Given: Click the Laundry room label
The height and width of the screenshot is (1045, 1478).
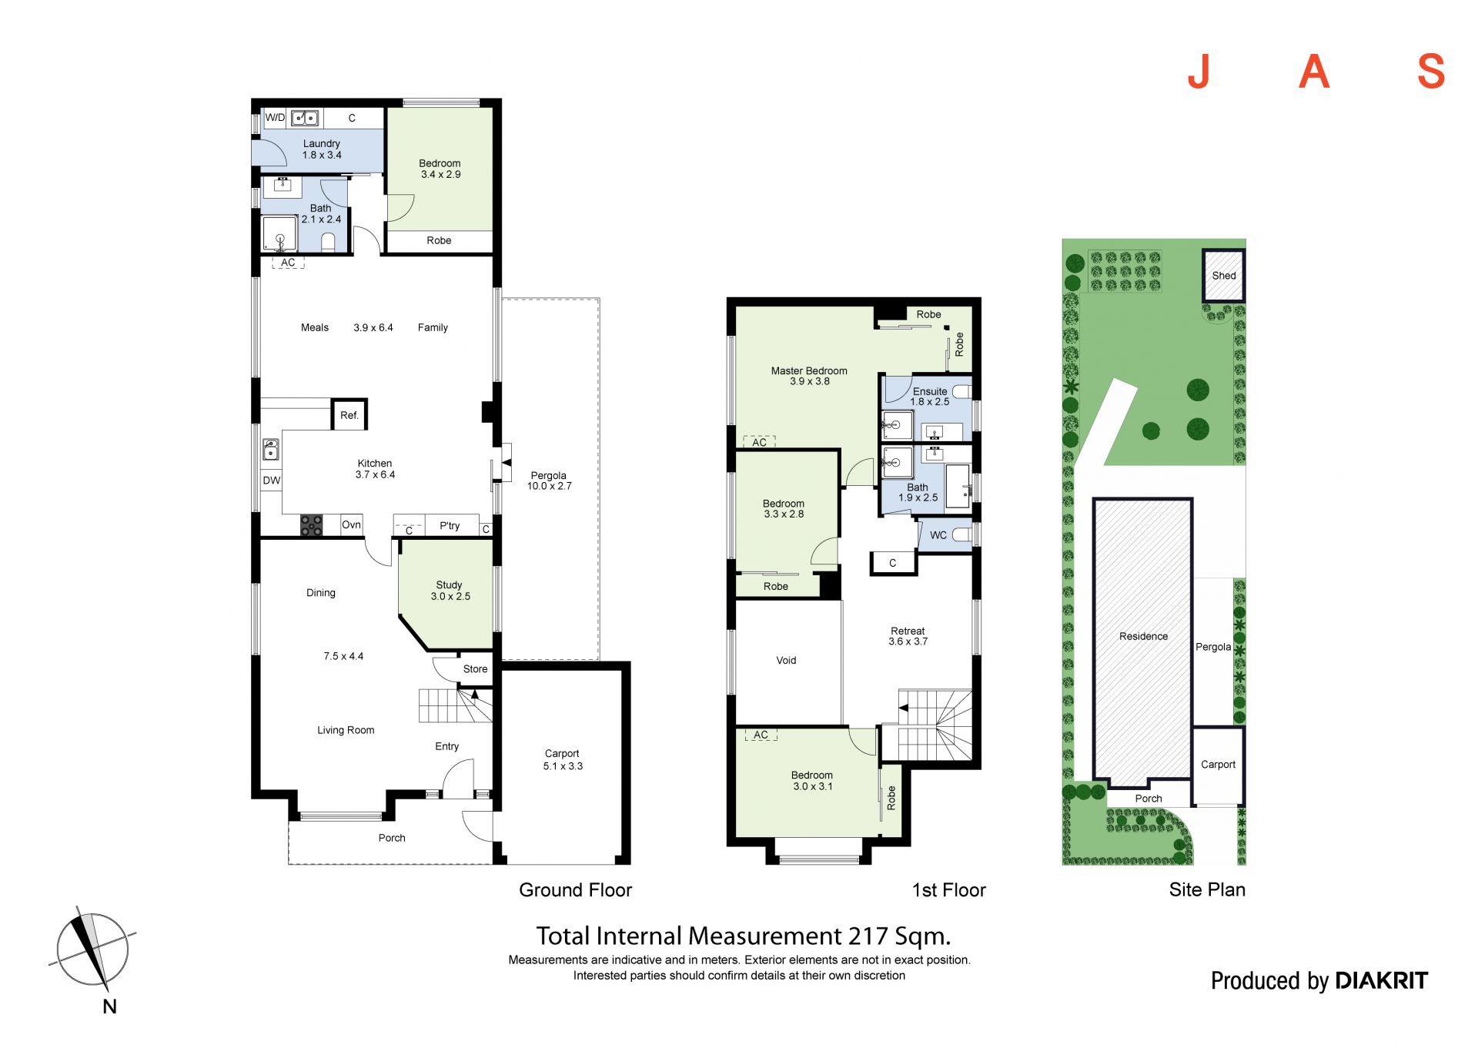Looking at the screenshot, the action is [x=322, y=144].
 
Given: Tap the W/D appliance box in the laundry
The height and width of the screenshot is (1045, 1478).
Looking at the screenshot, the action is [x=275, y=118].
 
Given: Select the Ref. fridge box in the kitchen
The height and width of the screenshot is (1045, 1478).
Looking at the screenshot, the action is [x=349, y=414].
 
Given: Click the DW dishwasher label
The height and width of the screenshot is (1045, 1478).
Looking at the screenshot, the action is [x=272, y=481].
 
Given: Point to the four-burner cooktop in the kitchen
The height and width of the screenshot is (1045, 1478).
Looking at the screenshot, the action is [x=312, y=525].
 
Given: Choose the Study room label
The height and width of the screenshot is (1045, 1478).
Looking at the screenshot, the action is [x=450, y=585].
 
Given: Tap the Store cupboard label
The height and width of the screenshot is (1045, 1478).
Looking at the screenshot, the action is [x=475, y=669].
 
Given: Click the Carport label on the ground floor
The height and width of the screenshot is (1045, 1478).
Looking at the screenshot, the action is [x=562, y=753].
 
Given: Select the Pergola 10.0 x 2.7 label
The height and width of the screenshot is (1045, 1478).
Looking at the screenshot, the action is [x=549, y=481].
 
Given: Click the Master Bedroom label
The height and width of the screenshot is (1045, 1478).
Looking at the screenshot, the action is [x=809, y=370].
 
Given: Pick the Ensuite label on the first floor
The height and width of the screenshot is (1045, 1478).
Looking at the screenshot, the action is [x=930, y=391].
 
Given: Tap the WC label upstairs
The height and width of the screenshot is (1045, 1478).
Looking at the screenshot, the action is [x=938, y=535].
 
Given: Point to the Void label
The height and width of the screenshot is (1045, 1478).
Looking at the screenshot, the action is [x=786, y=660].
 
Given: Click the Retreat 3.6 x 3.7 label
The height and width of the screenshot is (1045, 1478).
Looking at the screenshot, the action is [x=908, y=636].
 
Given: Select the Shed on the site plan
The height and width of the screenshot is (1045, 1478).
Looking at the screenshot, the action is [x=1223, y=275].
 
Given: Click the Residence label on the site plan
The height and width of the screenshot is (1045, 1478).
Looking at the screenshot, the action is [x=1143, y=636].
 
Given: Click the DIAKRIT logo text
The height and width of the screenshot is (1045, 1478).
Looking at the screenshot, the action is [x=1382, y=980].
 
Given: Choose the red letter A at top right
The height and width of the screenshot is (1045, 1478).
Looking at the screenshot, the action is [x=1314, y=72].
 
